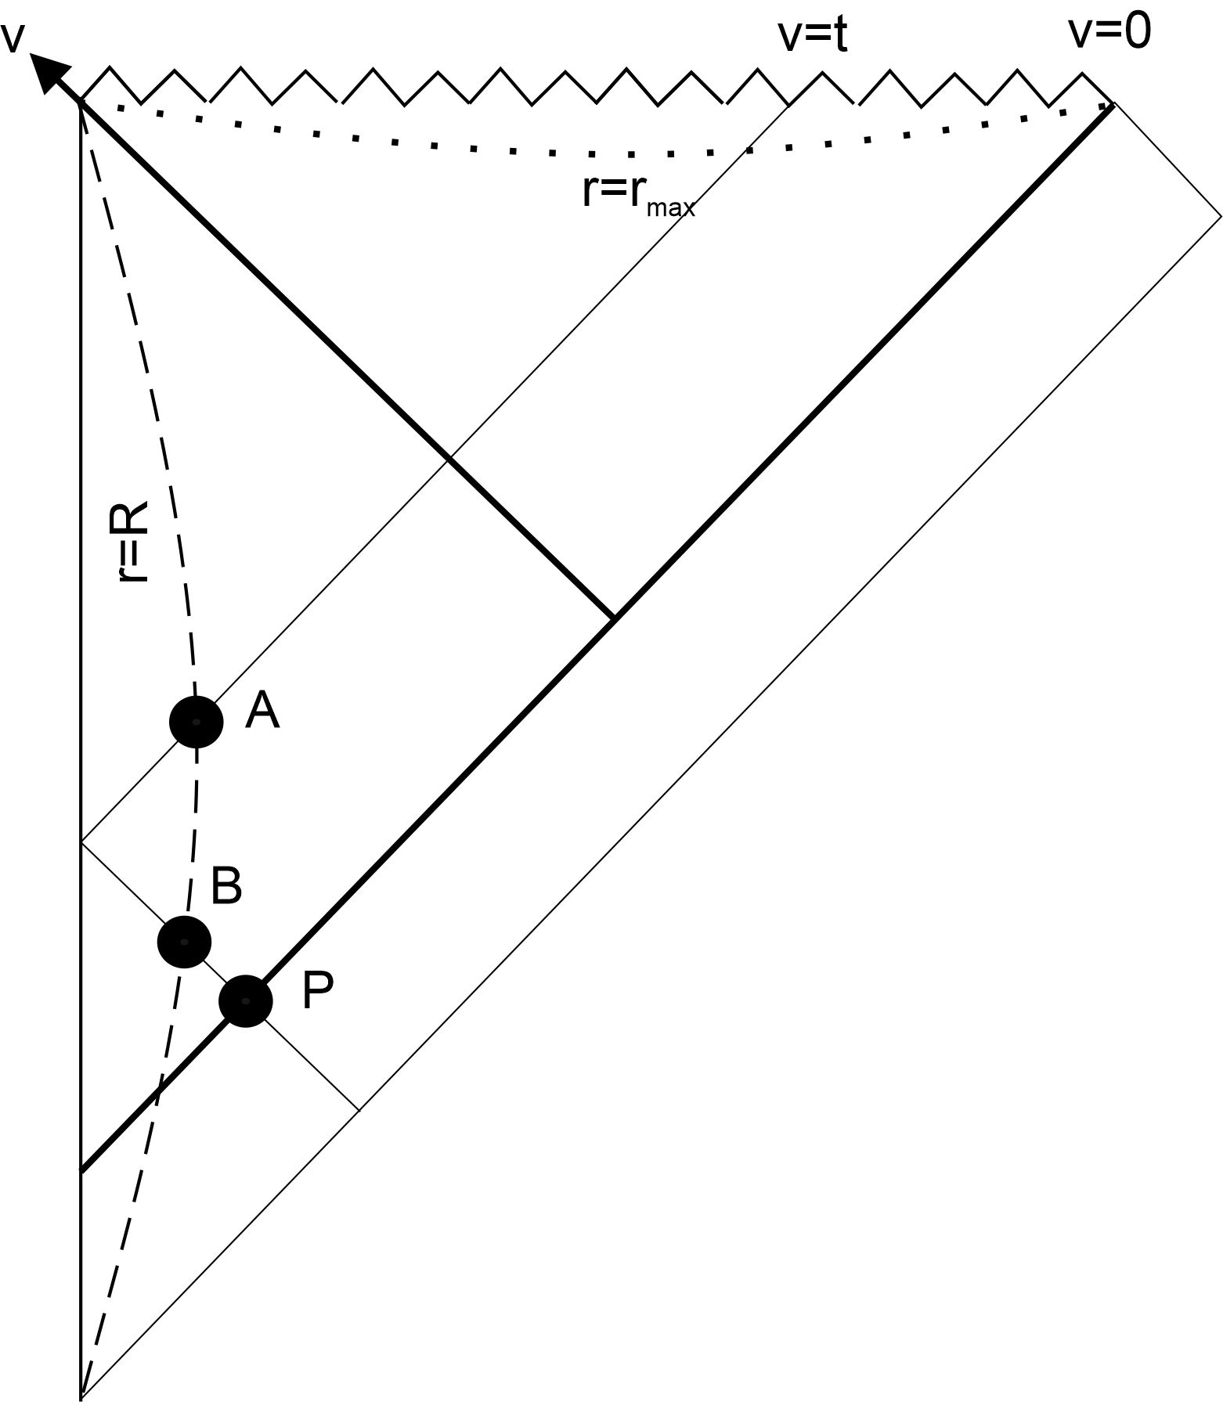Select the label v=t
(x=812, y=36)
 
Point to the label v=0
(x=1109, y=33)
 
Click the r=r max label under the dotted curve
(x=638, y=193)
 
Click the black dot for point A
(x=196, y=722)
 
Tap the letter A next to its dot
(x=262, y=712)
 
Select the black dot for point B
(x=184, y=942)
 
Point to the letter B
(x=226, y=887)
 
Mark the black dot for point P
(x=246, y=1000)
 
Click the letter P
(x=317, y=992)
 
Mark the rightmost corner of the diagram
(x=1220, y=215)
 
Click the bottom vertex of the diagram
(x=81, y=1397)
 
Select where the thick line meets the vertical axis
(x=81, y=1172)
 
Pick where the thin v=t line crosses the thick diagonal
(x=449, y=457)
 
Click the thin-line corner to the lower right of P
(x=359, y=1110)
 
